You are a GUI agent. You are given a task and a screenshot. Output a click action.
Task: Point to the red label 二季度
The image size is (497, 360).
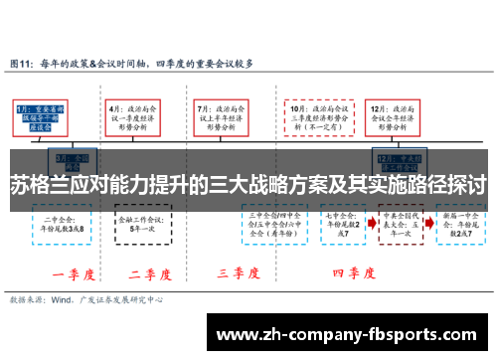pyautogui.click(x=148, y=272)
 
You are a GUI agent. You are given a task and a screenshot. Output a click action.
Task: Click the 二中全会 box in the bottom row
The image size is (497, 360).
pyautogui.click(x=58, y=223)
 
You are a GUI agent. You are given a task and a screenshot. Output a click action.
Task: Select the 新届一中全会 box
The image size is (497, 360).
pyautogui.click(x=458, y=223)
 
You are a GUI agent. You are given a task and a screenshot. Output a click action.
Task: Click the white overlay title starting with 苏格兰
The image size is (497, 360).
pyautogui.click(x=248, y=185)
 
